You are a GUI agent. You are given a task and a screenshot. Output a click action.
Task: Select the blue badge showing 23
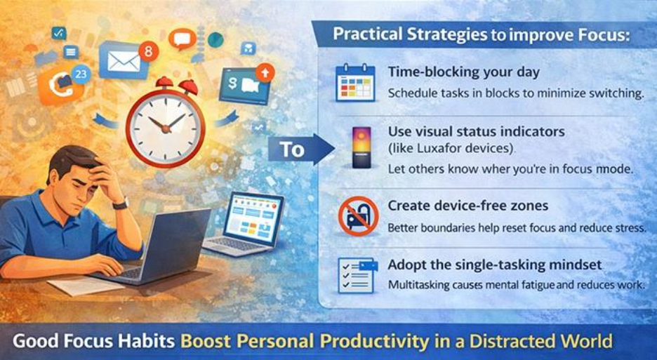click(x=81, y=73)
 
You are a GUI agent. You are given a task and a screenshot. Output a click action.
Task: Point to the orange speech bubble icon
click(x=181, y=39)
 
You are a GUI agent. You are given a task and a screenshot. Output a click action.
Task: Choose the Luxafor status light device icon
click(x=359, y=148)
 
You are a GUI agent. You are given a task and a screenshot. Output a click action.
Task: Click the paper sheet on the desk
click(x=77, y=286)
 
